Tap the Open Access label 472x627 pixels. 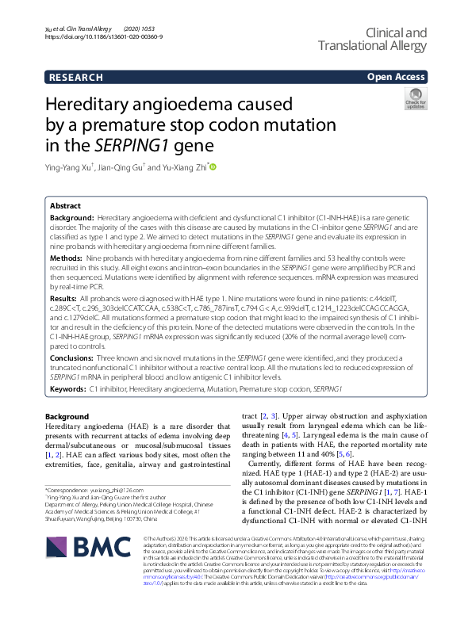coord(397,77)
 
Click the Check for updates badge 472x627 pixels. coord(414,100)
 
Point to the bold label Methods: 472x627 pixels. coord(66,258)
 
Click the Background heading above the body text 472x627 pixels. coord(67,416)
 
